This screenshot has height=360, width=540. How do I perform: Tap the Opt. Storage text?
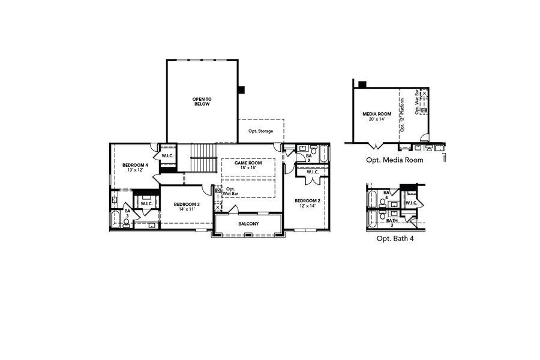[260, 131]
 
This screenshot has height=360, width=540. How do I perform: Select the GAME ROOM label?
[248, 163]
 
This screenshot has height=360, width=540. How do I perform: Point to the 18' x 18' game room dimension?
[248, 169]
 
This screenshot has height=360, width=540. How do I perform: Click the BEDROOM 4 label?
[135, 165]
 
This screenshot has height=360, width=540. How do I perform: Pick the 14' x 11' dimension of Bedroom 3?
[186, 210]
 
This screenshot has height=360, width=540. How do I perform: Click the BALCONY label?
[248, 224]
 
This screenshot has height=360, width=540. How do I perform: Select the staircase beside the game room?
[203, 158]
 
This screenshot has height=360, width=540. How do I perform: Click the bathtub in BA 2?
[324, 155]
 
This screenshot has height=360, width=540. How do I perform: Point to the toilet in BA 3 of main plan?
[126, 223]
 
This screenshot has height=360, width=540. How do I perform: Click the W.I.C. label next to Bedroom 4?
[167, 157]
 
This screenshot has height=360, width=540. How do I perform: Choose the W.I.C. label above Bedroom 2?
[312, 172]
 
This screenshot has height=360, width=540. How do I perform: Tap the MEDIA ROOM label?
[377, 113]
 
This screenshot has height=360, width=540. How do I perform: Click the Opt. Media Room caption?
[395, 160]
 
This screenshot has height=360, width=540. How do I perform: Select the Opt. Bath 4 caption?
[395, 238]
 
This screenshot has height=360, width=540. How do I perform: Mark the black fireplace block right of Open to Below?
[241, 90]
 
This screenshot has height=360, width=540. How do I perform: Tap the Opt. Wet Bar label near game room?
[230, 191]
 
